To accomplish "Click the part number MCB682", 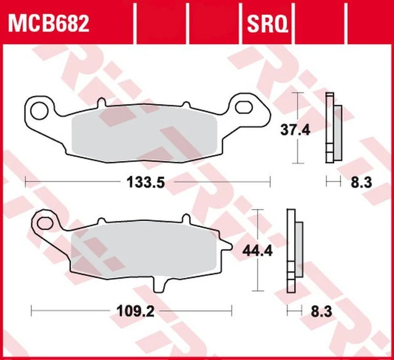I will point(49,23).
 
